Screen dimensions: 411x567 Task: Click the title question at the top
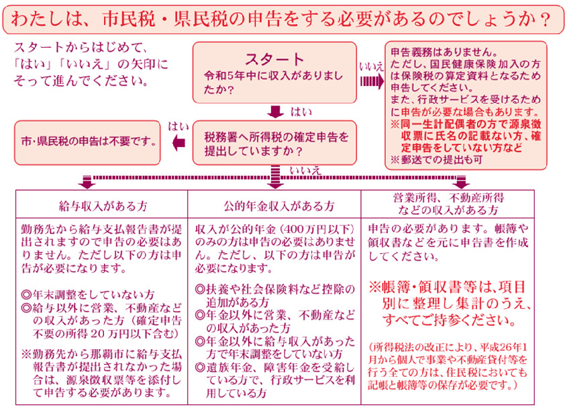[282, 17]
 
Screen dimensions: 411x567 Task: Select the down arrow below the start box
[275, 111]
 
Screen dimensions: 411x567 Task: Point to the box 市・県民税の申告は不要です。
[89, 142]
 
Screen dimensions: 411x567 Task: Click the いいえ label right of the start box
[371, 66]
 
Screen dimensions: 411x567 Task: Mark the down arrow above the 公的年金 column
[275, 183]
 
